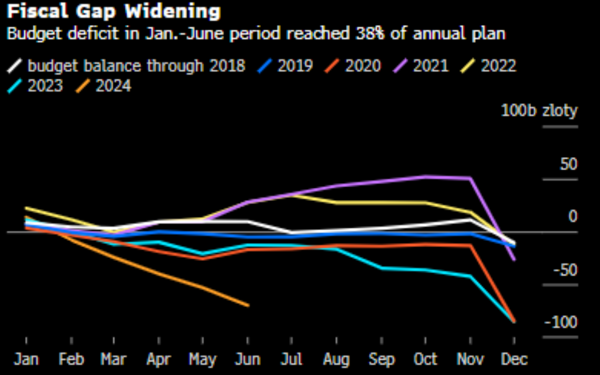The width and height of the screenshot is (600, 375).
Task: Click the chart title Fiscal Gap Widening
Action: click(114, 11)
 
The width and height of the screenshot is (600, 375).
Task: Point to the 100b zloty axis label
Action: click(540, 111)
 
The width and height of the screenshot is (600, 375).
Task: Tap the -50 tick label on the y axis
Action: click(563, 269)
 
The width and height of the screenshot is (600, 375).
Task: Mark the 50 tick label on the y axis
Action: click(569, 164)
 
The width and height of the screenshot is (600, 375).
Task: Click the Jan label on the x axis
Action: click(27, 359)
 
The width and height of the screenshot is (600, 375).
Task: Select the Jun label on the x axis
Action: click(248, 359)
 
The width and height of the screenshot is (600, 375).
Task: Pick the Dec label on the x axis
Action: click(514, 359)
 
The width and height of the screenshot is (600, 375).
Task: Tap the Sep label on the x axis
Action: click(381, 359)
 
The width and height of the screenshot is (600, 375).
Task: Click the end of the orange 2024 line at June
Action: click(248, 305)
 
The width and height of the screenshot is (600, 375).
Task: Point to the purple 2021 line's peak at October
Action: click(425, 177)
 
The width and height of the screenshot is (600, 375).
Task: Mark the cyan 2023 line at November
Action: click(470, 276)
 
